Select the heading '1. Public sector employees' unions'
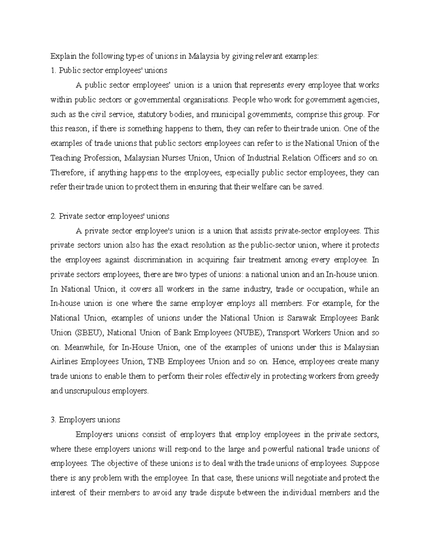[x=109, y=70]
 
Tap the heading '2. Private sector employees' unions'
[x=110, y=216]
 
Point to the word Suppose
[x=364, y=463]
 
